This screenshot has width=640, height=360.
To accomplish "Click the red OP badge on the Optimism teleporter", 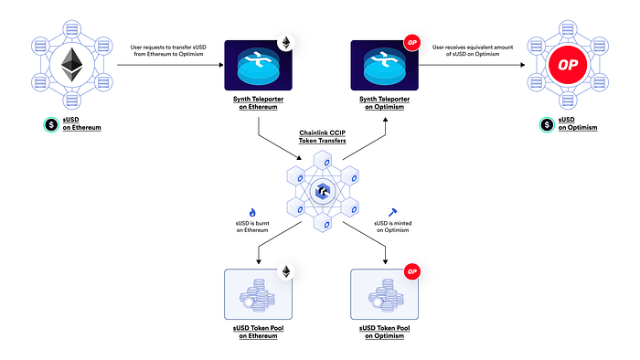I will (411, 42).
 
